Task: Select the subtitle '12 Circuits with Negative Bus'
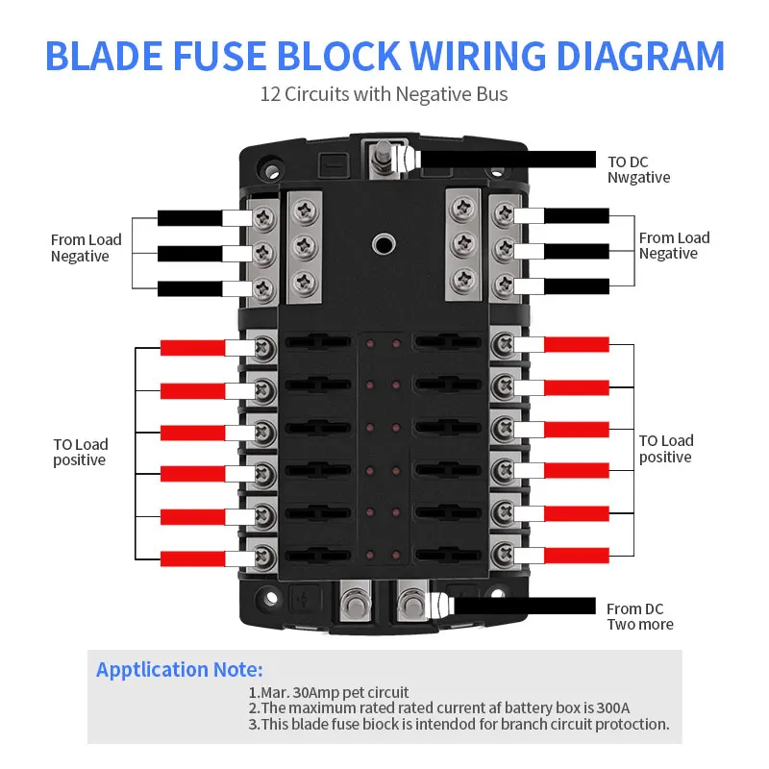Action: point(384,95)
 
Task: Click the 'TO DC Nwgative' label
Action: point(638,169)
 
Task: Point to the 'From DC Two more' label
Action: point(639,616)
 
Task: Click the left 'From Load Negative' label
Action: point(87,248)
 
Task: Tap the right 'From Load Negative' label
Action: point(674,245)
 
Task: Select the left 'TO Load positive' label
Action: point(81,452)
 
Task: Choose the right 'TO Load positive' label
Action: point(666,449)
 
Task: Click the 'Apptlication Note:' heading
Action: point(179,670)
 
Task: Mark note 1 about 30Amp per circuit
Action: point(329,692)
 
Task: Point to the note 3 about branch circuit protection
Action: point(459,725)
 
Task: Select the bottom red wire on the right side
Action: point(577,556)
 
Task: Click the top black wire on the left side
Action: point(189,218)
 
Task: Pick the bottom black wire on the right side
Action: point(577,286)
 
